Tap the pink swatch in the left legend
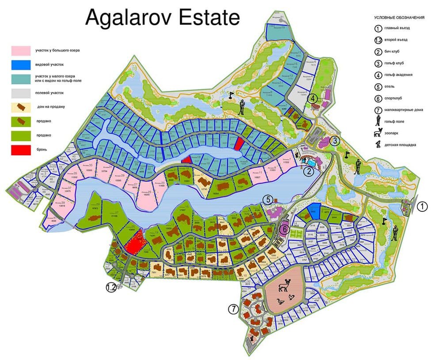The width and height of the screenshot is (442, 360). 21,50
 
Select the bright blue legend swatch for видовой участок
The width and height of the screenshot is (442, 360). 21,64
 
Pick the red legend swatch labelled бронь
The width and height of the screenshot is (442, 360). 21,150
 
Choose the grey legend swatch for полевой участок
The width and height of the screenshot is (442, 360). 21,93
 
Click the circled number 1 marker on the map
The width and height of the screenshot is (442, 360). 423,206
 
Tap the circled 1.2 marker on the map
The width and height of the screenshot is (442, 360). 111,288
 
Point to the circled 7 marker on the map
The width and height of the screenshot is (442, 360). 233,309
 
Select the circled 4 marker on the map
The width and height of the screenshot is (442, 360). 313,98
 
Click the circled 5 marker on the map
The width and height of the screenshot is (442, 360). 268,200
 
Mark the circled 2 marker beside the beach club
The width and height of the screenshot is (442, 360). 309,172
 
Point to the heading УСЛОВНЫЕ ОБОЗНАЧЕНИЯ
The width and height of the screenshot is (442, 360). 399,18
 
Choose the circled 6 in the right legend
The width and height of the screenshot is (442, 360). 378,98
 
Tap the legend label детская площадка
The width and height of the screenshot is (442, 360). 400,145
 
